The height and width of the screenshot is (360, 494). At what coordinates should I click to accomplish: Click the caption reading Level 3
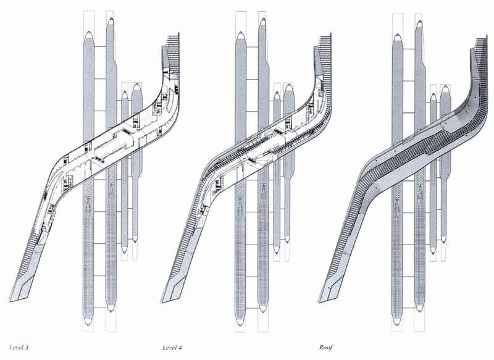click(x=19, y=348)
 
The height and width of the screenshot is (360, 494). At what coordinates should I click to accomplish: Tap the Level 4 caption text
click(x=172, y=348)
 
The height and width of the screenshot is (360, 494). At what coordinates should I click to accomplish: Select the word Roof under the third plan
click(x=326, y=348)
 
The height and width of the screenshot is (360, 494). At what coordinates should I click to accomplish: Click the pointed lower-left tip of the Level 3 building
click(x=10, y=301)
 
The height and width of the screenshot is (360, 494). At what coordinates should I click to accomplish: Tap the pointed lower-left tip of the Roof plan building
click(x=319, y=303)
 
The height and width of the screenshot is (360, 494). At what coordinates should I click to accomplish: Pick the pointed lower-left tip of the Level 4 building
click(x=162, y=302)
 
